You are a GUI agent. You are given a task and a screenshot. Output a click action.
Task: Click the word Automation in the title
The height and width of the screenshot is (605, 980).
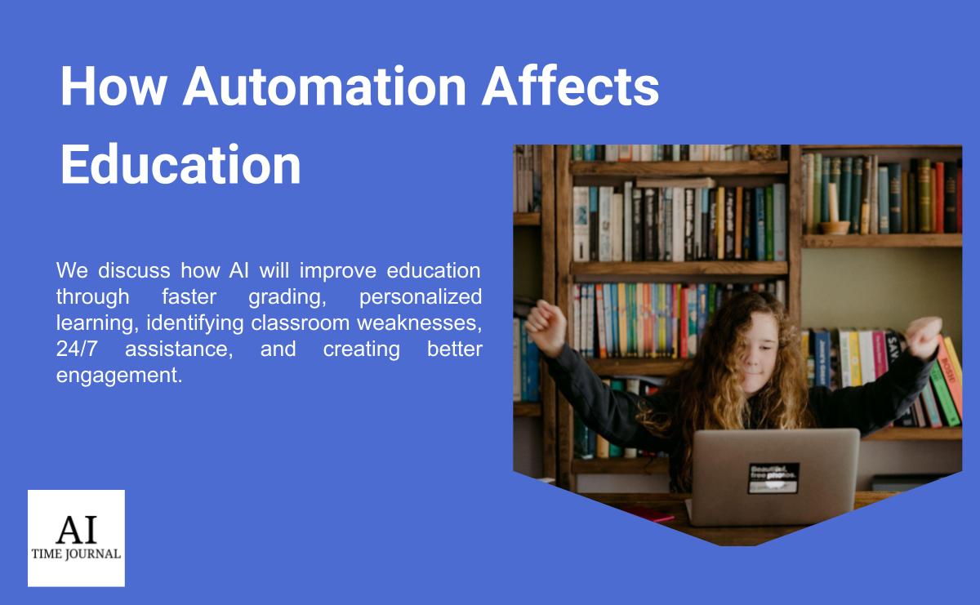pyautogui.click(x=325, y=86)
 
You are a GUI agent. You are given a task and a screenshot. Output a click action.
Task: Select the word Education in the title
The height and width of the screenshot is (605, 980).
pyautogui.click(x=180, y=164)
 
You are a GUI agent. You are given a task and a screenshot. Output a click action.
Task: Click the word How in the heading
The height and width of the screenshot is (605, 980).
pyautogui.click(x=114, y=86)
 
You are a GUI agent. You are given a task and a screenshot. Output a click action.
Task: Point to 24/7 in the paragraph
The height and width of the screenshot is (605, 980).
pyautogui.click(x=77, y=349)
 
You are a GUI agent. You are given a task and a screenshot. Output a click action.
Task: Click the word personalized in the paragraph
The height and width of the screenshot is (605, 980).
pyautogui.click(x=421, y=296)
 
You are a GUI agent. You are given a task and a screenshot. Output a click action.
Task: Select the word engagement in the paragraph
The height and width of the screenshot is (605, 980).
pyautogui.click(x=119, y=376)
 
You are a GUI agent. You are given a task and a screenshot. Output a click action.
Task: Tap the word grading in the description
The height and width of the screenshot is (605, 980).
pyautogui.click(x=287, y=297)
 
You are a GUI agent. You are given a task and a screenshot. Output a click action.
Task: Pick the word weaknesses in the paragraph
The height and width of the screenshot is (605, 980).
pyautogui.click(x=419, y=323)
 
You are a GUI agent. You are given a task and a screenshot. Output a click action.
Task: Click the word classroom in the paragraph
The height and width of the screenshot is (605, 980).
pyautogui.click(x=301, y=323)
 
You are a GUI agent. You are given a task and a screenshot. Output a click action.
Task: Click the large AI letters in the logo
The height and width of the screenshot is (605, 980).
pyautogui.click(x=77, y=529)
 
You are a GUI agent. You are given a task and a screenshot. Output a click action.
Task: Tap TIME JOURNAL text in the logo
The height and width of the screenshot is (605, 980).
pyautogui.click(x=76, y=554)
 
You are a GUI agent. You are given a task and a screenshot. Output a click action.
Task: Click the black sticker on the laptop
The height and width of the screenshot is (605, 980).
pyautogui.click(x=773, y=478)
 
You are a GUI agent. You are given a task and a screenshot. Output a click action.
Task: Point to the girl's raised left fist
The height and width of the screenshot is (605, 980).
pyautogui.click(x=546, y=327)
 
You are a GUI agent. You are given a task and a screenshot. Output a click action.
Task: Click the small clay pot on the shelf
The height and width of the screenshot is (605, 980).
pyautogui.click(x=835, y=228)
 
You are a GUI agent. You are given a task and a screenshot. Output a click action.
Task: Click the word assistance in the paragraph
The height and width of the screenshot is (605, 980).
pyautogui.click(x=179, y=349)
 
